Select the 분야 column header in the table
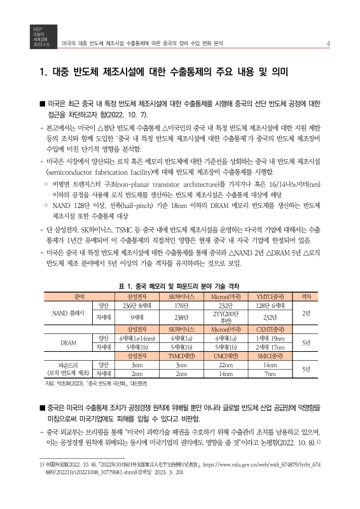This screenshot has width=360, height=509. click(62, 296)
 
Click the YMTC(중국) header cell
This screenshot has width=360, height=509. click(269, 296)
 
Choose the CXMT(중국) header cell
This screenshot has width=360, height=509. click(269, 330)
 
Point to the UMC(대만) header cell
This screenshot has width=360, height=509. click(225, 356)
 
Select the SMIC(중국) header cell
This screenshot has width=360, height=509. click(269, 356)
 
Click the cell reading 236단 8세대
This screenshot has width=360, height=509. click(136, 305)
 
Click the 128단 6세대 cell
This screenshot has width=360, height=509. click(269, 305)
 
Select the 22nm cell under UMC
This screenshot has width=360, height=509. click(225, 365)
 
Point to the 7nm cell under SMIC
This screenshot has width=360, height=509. click(269, 374)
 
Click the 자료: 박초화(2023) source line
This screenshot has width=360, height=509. click(95, 384)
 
